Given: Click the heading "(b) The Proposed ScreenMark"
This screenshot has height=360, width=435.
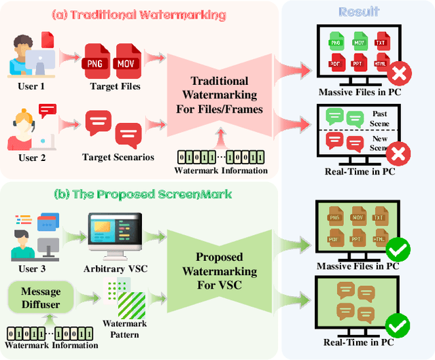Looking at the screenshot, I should point(143,194).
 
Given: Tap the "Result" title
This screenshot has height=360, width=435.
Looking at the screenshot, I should point(358,12).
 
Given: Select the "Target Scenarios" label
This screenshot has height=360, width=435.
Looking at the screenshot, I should point(118,157).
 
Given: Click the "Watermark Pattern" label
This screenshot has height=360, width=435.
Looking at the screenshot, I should point(120,329).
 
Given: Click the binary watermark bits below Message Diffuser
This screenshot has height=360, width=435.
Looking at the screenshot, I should point(48,334).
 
